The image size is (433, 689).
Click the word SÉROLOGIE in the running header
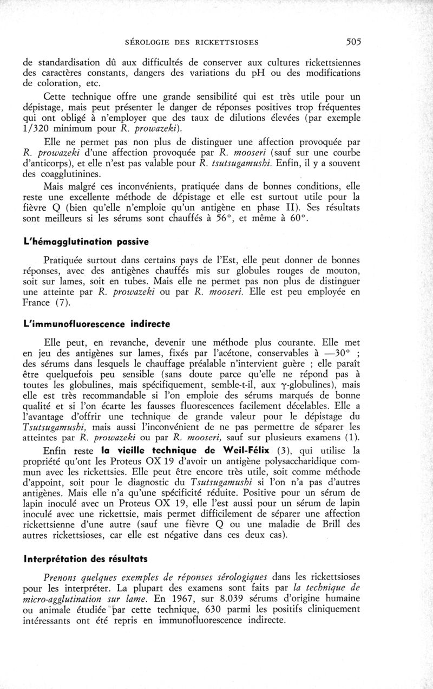[152, 42]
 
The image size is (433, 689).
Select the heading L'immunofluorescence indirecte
[97, 324]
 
